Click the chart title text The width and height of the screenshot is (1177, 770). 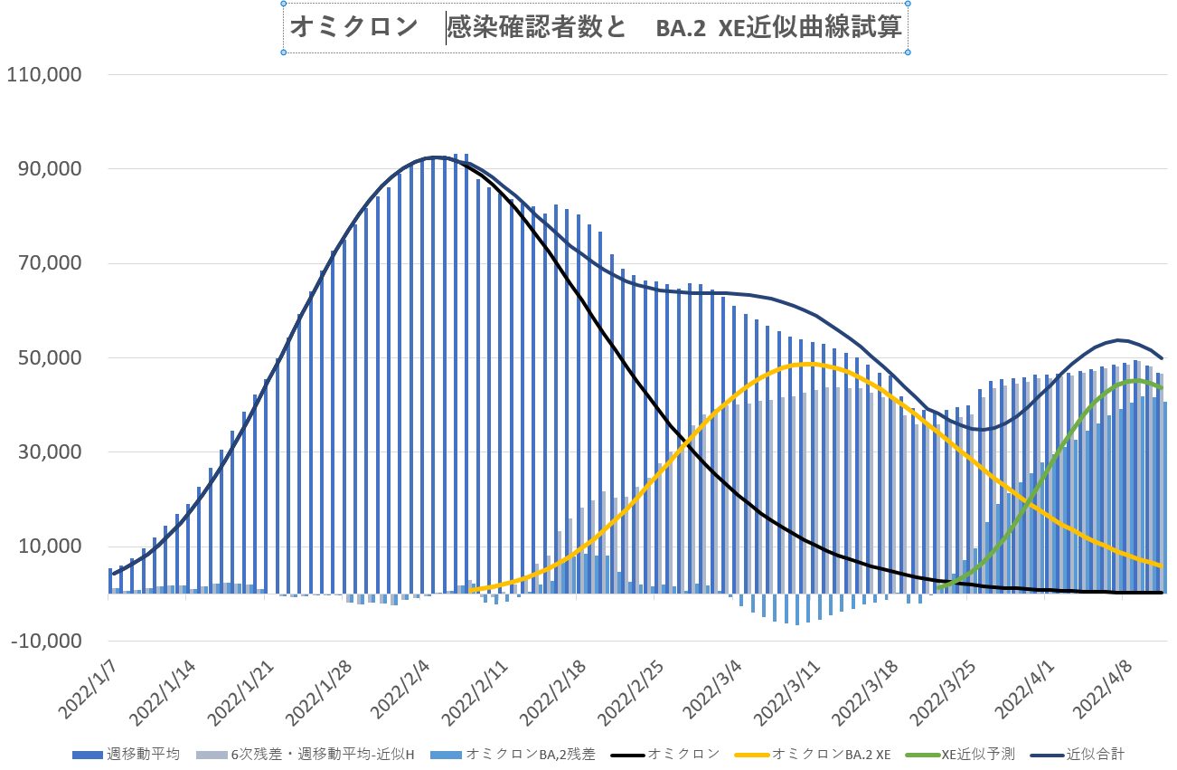point(596,29)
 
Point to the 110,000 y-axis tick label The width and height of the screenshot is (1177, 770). point(45,75)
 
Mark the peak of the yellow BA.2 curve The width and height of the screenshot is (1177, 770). point(807,364)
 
